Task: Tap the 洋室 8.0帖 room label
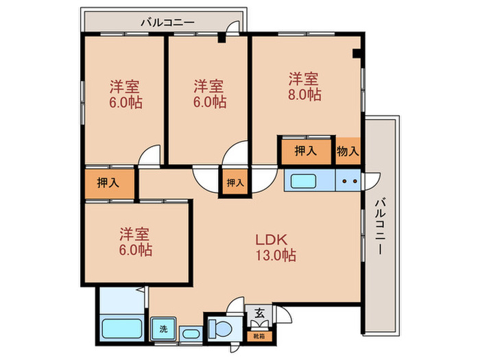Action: pyautogui.click(x=303, y=86)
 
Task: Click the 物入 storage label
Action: pyautogui.click(x=348, y=151)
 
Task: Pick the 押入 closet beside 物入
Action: pyautogui.click(x=306, y=151)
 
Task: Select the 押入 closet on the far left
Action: pyautogui.click(x=107, y=182)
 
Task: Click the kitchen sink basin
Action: pyautogui.click(x=303, y=182)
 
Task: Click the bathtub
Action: pyautogui.click(x=121, y=327)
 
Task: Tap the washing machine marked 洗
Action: pyautogui.click(x=163, y=328)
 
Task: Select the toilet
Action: pyautogui.click(x=222, y=327)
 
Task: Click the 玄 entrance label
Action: pyautogui.click(x=260, y=313)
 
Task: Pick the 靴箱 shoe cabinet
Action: pyautogui.click(x=260, y=336)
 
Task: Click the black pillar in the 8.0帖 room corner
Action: pyautogui.click(x=356, y=53)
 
